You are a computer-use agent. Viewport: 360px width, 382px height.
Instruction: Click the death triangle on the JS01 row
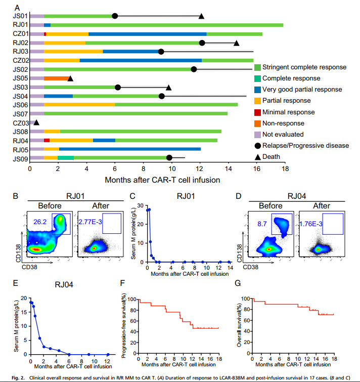(201, 16)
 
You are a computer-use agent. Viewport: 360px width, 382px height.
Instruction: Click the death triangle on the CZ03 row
(36, 122)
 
